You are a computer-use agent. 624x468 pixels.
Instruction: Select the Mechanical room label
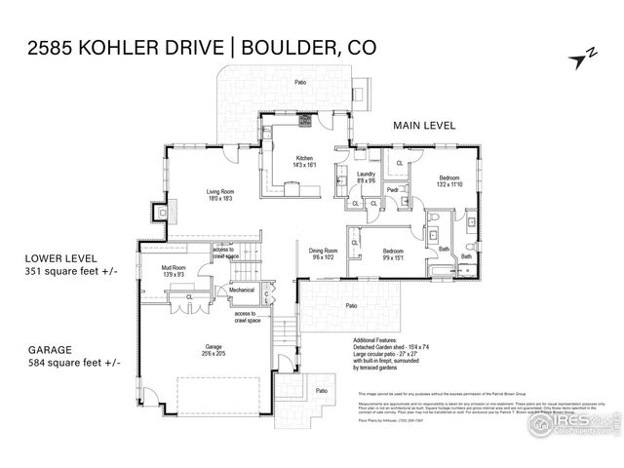click(x=242, y=290)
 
